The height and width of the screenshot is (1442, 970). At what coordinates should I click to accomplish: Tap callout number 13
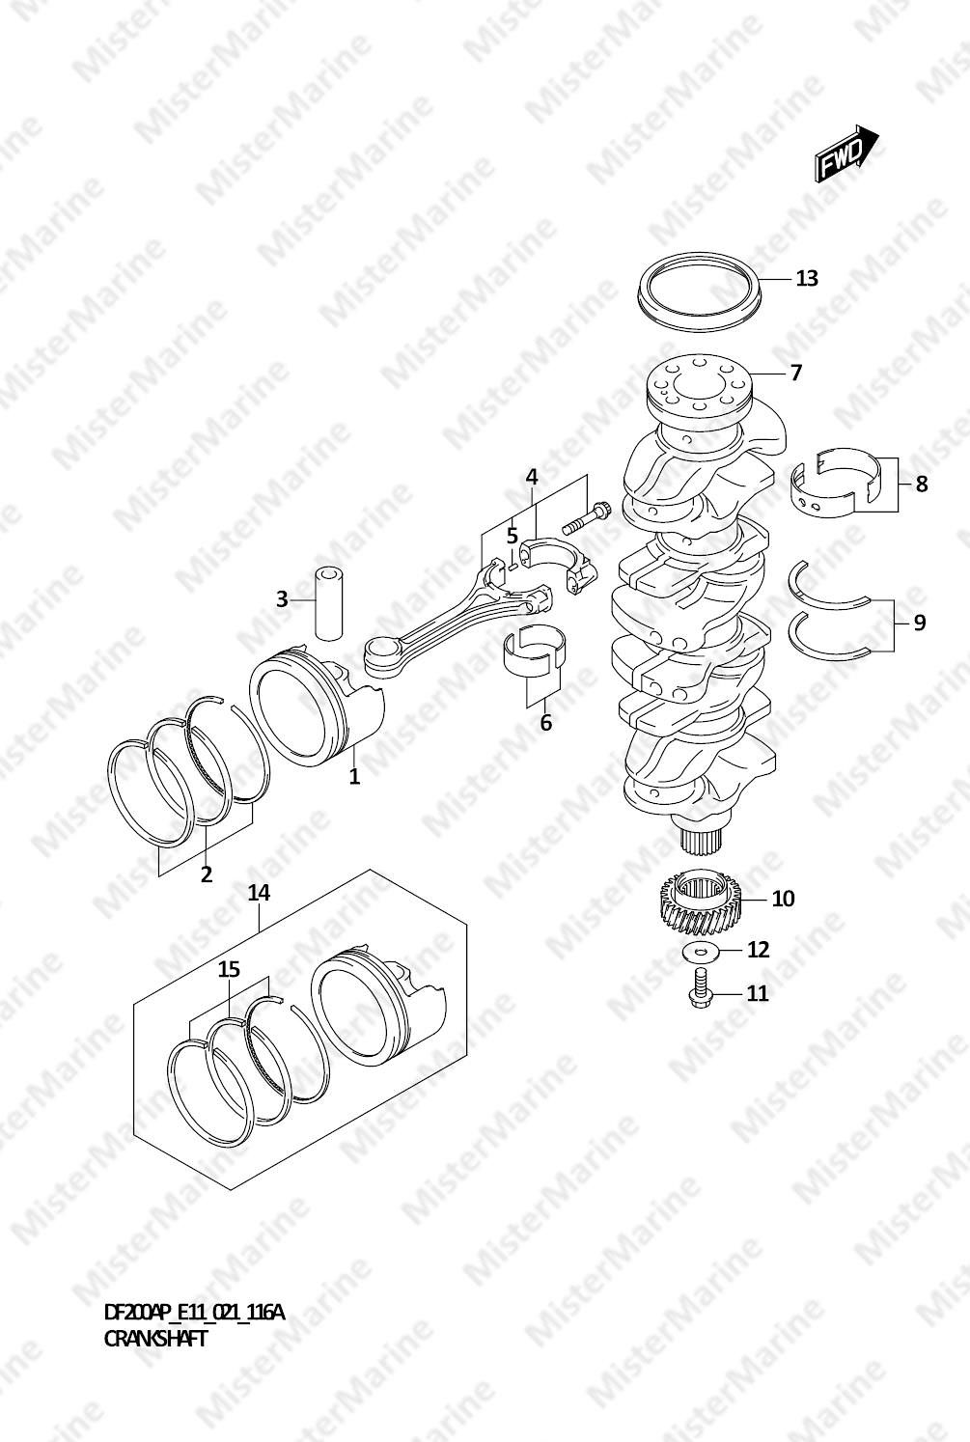tap(807, 278)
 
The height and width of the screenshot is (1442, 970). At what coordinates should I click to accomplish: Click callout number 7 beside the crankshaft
tap(796, 373)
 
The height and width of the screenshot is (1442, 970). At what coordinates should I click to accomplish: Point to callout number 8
tap(922, 485)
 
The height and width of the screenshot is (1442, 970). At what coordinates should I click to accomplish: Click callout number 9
tap(920, 623)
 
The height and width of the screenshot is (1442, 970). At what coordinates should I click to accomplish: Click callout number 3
tap(282, 600)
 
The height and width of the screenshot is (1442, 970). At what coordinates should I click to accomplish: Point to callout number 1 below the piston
tap(354, 777)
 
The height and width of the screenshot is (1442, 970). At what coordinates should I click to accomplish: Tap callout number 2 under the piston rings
tap(206, 874)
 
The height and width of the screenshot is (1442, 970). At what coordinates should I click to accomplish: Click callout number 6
tap(546, 723)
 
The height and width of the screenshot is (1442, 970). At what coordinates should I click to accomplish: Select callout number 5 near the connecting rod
tap(513, 536)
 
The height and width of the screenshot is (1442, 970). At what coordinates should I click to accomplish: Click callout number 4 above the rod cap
tap(532, 477)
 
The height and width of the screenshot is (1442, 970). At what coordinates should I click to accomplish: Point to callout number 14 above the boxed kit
tap(259, 893)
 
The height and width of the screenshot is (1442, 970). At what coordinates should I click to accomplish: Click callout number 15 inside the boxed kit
tap(229, 969)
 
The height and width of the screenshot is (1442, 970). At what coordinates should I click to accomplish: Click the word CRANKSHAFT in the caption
tap(155, 1339)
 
